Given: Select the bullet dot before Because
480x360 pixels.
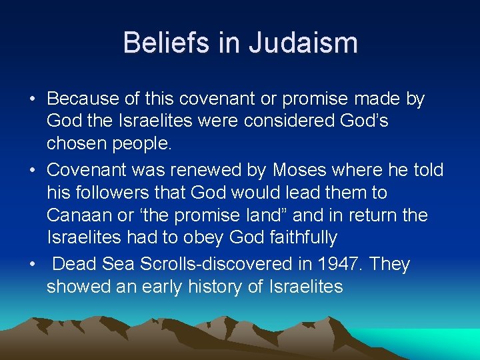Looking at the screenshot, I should coord(32,100).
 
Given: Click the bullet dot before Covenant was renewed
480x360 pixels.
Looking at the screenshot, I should coord(32,171).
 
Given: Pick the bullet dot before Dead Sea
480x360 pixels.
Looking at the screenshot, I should coord(32,265).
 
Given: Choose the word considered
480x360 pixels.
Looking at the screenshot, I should coord(307,122).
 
